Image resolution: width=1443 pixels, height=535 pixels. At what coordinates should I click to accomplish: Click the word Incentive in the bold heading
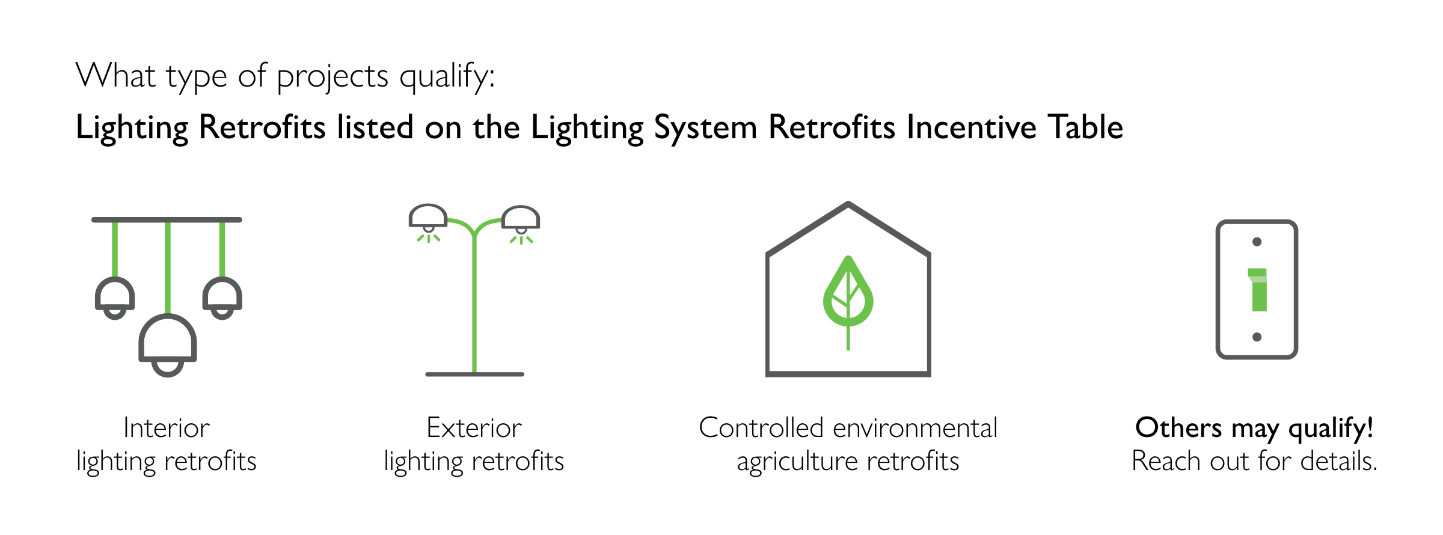[x=972, y=127]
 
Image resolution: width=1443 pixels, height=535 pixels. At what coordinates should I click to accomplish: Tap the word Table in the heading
[x=1086, y=127]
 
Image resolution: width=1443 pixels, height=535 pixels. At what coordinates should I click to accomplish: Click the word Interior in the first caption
[x=167, y=428]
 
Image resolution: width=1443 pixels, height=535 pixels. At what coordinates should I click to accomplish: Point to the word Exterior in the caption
[x=474, y=428]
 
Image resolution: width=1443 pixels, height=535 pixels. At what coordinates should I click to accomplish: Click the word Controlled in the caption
[x=761, y=428]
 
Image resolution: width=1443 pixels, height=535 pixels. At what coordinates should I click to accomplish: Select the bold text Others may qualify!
[x=1254, y=429]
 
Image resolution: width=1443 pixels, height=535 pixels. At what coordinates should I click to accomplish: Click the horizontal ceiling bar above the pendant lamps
[x=167, y=220]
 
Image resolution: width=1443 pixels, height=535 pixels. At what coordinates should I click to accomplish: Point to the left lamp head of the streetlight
[x=428, y=218]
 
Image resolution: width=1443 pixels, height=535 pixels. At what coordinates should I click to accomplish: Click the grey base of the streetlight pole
[x=474, y=374]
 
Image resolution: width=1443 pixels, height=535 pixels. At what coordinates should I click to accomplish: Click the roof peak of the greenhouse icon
[x=848, y=204]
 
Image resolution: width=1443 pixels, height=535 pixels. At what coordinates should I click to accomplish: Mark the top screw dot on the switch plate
[x=1257, y=242]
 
